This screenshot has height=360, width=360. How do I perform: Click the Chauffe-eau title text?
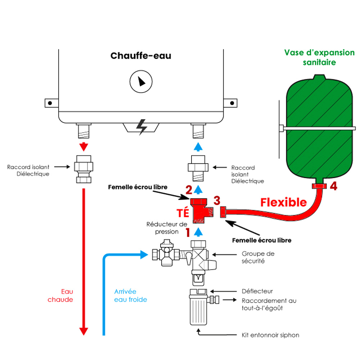click(x=141, y=56)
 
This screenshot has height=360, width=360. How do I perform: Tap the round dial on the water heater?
click(x=141, y=81)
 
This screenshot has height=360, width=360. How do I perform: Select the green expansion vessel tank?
click(x=319, y=130)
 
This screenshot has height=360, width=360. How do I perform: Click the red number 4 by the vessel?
click(x=334, y=186)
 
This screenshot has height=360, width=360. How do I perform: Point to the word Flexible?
click(x=283, y=202)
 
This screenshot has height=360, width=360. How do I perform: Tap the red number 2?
click(x=189, y=189)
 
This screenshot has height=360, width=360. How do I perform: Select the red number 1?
click(x=188, y=233)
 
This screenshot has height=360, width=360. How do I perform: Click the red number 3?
click(x=217, y=200)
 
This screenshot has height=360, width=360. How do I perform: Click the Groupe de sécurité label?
click(x=258, y=257)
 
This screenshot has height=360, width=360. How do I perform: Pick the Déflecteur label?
click(x=257, y=291)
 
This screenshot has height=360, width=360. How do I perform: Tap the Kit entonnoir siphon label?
click(x=270, y=335)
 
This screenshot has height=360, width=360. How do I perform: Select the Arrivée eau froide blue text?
click(x=130, y=296)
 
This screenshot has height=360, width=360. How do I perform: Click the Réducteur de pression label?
click(x=162, y=228)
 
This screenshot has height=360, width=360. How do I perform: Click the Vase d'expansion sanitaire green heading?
click(x=319, y=57)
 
